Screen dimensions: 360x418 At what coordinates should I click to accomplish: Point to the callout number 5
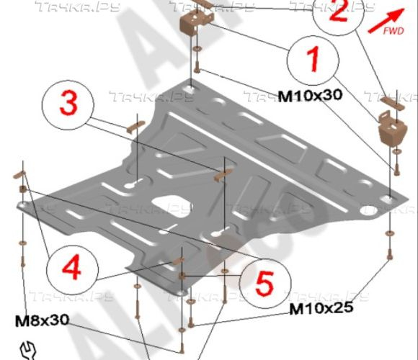pos(264,283)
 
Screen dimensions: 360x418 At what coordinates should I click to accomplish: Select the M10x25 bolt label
pos(321,310)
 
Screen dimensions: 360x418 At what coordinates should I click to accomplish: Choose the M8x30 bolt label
pos(43,320)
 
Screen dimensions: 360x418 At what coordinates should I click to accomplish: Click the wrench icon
pos(27,349)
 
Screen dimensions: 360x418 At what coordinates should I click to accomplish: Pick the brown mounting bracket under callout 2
pos(390,133)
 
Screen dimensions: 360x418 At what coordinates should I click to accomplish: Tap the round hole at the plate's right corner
pos(370,211)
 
